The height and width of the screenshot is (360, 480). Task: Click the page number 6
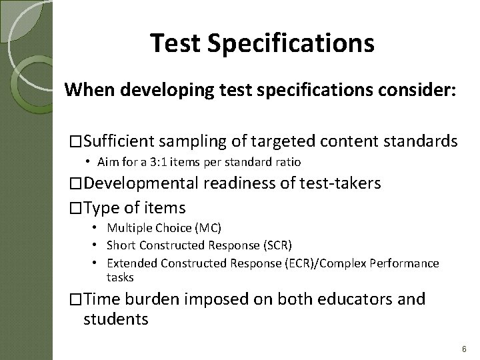click(x=463, y=349)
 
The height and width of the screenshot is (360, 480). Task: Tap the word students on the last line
click(x=115, y=319)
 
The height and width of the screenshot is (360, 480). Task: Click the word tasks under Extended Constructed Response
click(x=120, y=277)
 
